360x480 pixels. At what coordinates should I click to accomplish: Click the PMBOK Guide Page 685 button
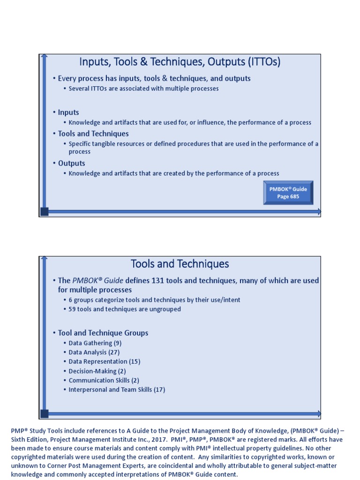click(x=288, y=193)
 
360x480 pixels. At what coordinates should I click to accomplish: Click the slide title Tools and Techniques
click(x=180, y=264)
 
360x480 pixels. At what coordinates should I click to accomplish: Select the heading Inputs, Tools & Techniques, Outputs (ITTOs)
click(x=180, y=62)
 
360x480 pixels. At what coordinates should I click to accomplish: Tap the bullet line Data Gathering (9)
click(x=95, y=343)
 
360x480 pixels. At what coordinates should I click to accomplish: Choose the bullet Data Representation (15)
click(x=105, y=361)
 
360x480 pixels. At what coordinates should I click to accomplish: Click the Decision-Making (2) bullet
click(x=97, y=371)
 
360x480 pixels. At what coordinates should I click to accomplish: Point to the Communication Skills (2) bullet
click(x=104, y=380)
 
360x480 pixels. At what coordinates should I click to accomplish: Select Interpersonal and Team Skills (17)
click(x=117, y=390)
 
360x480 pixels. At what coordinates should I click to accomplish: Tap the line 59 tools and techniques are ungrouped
click(x=125, y=309)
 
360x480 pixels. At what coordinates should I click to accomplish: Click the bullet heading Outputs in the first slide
click(x=72, y=163)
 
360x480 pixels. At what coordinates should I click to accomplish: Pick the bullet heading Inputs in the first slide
click(x=68, y=112)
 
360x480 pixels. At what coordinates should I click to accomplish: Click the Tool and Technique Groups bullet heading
click(x=103, y=333)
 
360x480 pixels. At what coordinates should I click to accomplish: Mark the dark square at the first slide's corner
click(x=45, y=211)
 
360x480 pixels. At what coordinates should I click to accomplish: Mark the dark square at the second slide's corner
click(x=45, y=413)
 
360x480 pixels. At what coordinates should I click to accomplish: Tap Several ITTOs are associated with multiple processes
click(x=143, y=88)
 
